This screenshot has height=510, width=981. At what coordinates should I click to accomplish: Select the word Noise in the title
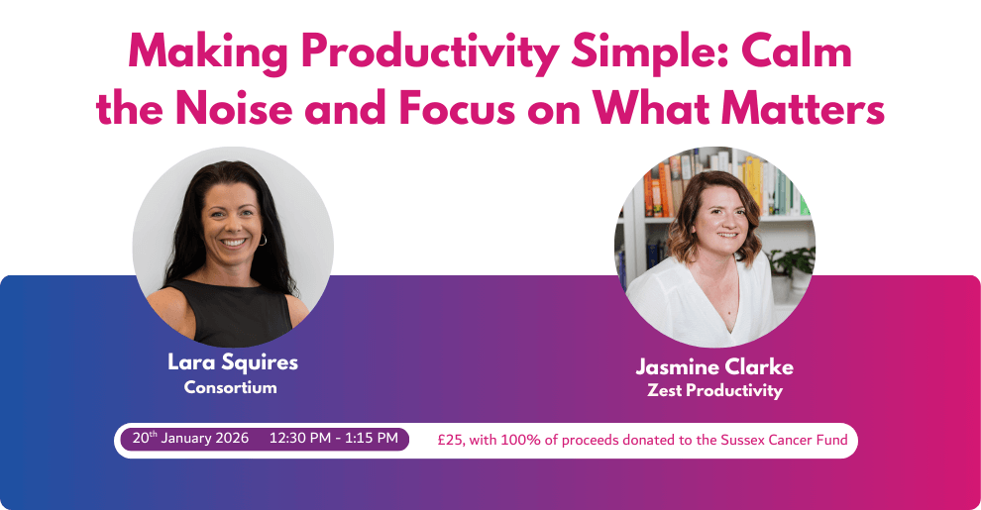234,107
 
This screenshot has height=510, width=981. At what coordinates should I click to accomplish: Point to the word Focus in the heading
457,107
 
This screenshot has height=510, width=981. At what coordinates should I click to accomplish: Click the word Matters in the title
803,107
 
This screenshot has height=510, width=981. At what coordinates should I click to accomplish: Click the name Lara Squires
233,362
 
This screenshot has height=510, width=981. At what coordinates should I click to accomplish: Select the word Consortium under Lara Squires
230,387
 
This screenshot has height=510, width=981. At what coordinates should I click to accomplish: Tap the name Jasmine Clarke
714,366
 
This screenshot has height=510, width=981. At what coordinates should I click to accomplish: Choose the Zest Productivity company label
714,390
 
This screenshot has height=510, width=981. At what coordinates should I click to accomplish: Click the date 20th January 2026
190,438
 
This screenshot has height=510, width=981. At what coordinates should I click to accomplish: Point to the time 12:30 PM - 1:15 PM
334,438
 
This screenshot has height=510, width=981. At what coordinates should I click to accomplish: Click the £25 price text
451,440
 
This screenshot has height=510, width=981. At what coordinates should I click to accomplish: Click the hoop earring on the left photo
263,240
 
